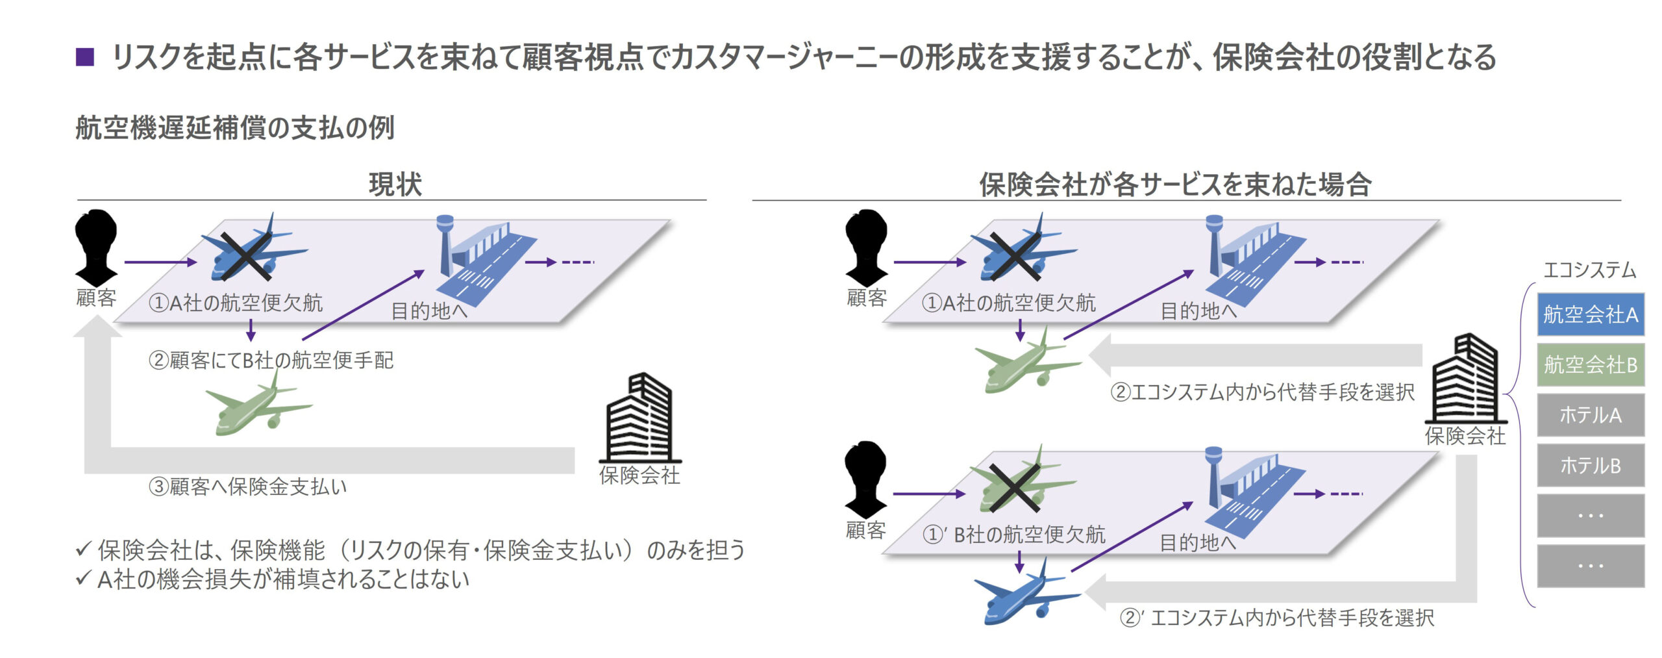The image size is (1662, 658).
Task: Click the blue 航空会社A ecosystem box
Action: point(1590,314)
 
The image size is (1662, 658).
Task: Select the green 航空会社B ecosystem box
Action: point(1590,364)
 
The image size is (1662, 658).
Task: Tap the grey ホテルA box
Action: point(1590,414)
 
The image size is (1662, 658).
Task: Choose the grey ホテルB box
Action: point(1590,465)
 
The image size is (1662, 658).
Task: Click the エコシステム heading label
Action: point(1589,270)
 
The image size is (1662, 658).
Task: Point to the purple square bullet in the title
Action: point(85,57)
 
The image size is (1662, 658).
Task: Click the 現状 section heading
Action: point(395,184)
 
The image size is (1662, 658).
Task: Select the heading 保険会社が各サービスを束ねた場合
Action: point(1175,184)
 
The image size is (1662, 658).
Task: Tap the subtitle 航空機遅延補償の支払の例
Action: point(235,127)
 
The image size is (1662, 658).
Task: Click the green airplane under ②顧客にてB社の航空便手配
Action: point(258,407)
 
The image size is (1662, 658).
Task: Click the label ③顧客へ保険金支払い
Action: point(248,486)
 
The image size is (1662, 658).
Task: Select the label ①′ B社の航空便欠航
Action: point(1013,535)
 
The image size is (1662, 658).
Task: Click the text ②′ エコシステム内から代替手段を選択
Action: point(1276,617)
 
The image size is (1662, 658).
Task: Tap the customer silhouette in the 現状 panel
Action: point(96,247)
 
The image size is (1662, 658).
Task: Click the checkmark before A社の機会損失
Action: point(82,578)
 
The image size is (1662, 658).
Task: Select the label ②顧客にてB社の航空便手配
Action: point(271,360)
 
